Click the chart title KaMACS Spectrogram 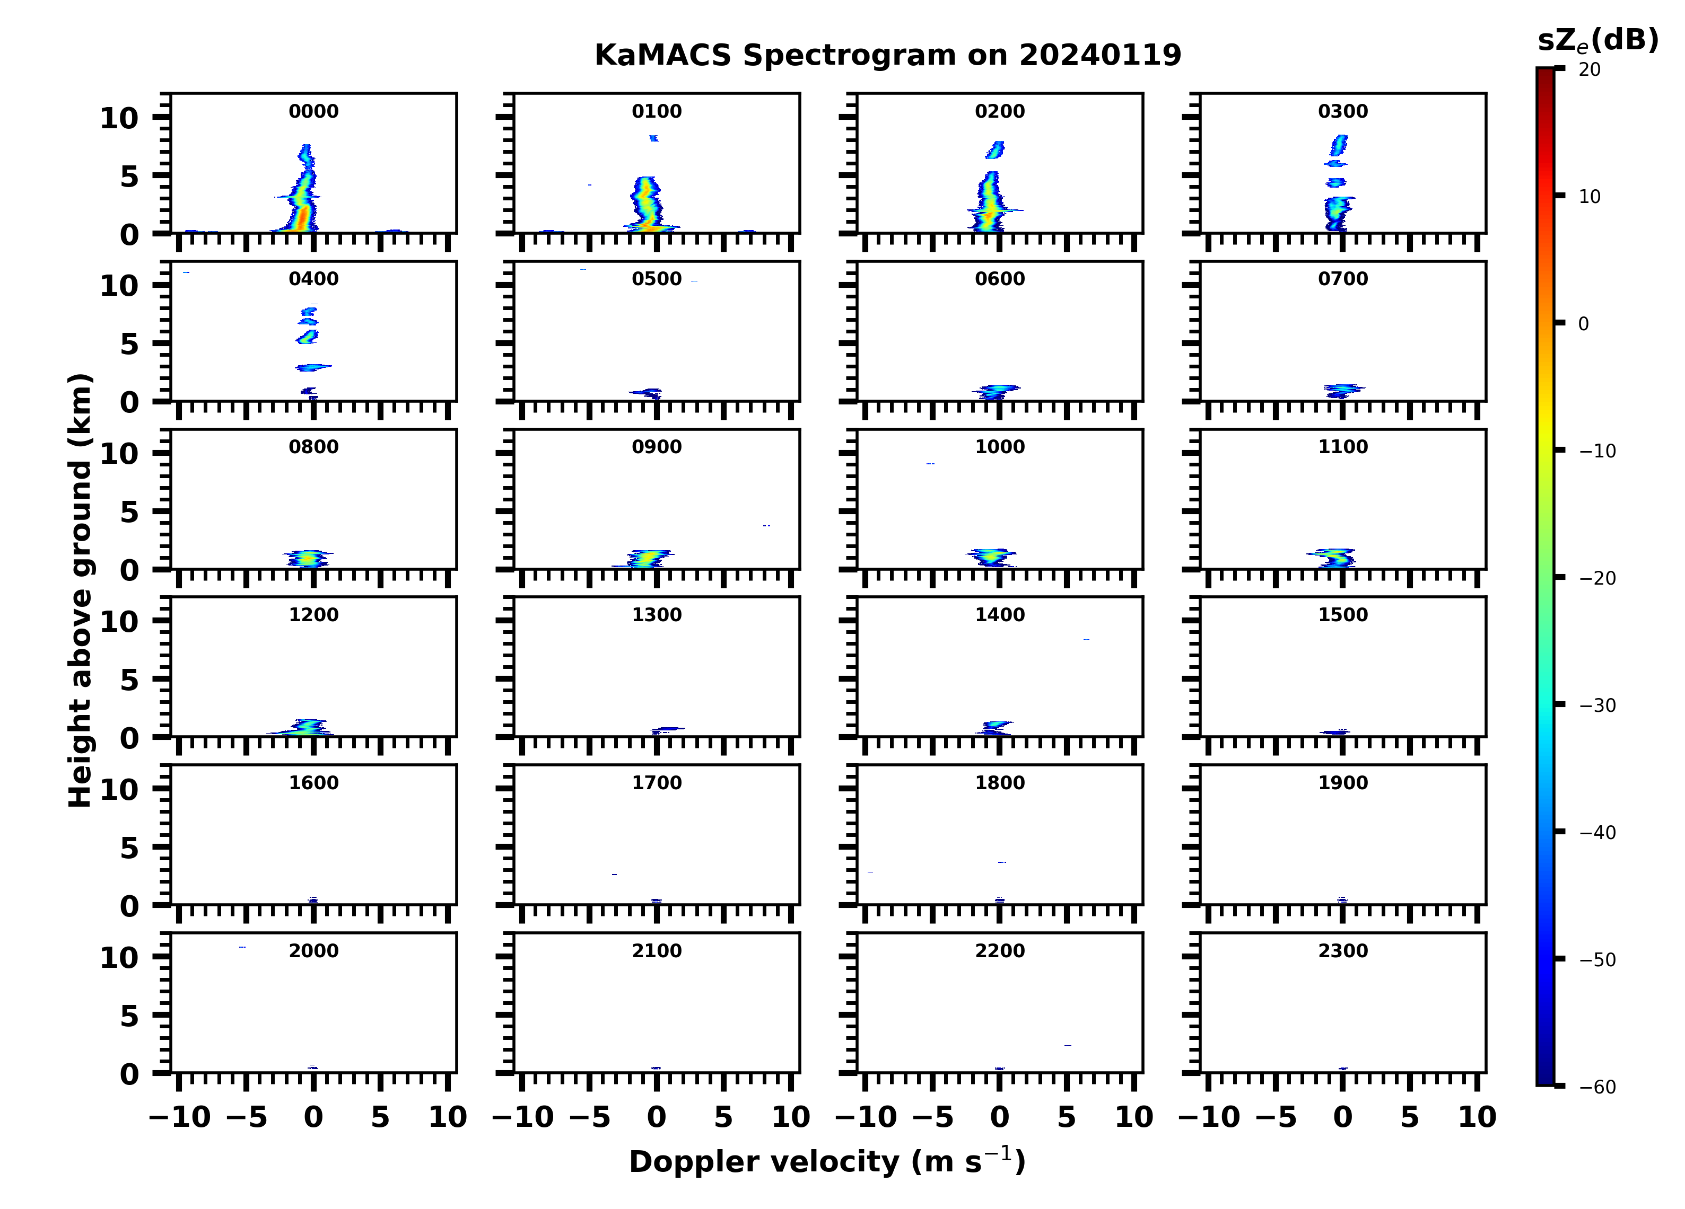coord(887,56)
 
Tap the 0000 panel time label coord(313,111)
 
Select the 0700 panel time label coord(1342,279)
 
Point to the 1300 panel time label coord(656,615)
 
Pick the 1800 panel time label coord(999,783)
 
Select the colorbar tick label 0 coord(1583,324)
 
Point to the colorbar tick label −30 coord(1597,705)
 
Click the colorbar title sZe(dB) coord(1597,41)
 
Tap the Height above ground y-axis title coord(80,590)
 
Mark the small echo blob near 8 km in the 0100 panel coord(654,138)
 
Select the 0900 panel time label coord(656,447)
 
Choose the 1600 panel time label coord(313,783)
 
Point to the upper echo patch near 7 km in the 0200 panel coord(996,150)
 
